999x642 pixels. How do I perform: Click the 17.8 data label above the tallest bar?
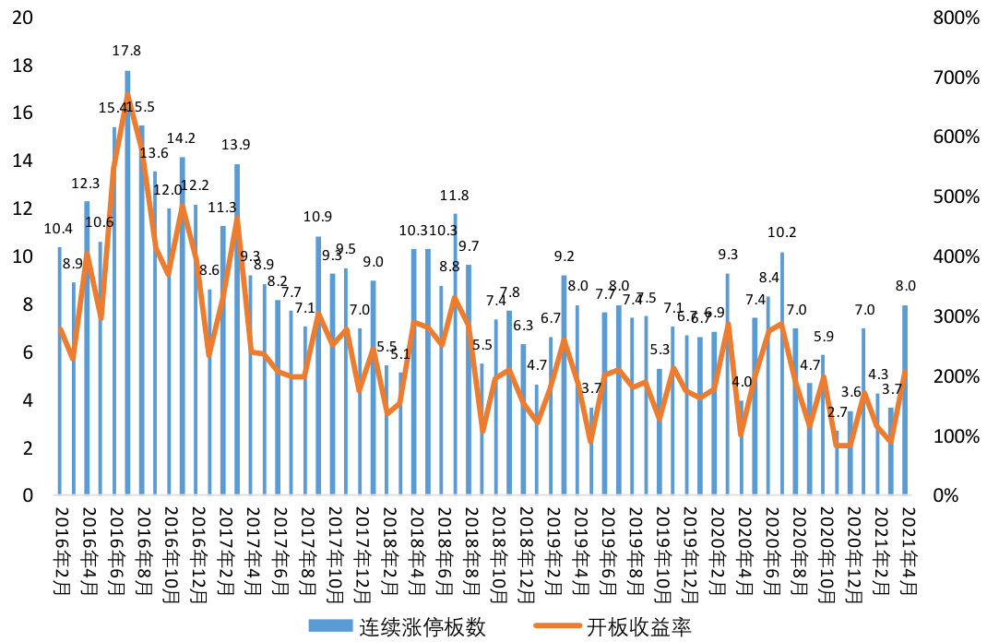click(x=127, y=51)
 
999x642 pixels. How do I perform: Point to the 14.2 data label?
click(x=181, y=138)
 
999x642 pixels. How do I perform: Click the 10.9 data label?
click(x=318, y=217)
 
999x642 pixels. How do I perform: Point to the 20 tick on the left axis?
click(x=23, y=18)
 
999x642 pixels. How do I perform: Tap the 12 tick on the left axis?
click(x=23, y=209)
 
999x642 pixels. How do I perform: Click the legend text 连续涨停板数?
click(x=422, y=626)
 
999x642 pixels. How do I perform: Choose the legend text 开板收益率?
click(x=637, y=626)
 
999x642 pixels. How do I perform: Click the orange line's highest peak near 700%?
click(x=128, y=96)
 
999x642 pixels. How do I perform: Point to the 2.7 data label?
click(x=838, y=412)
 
